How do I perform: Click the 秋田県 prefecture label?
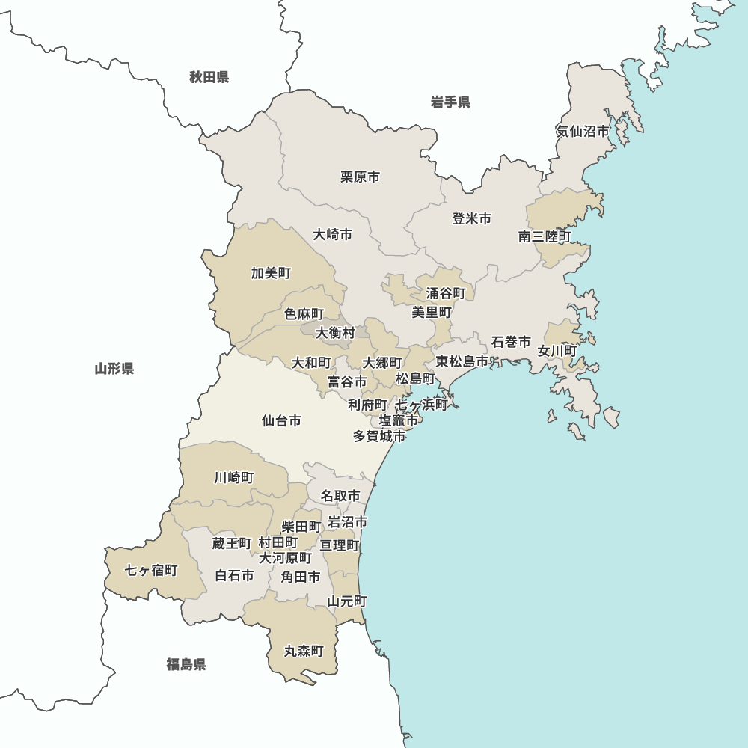click(209, 76)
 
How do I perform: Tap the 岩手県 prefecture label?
click(450, 102)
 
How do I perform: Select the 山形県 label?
click(114, 368)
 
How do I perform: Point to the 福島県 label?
click(186, 664)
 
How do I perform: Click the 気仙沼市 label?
click(583, 131)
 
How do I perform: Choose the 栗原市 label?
click(360, 177)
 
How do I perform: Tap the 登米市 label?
click(472, 219)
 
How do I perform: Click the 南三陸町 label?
click(545, 236)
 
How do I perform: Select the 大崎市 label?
click(333, 234)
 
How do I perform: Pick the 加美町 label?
click(271, 273)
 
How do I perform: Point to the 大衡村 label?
click(335, 332)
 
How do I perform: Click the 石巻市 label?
click(511, 343)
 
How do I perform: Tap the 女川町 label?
click(557, 350)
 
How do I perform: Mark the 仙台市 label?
click(282, 421)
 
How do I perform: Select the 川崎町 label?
click(234, 477)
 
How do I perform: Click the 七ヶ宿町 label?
click(152, 571)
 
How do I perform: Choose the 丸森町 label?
click(304, 652)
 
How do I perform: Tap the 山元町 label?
click(348, 601)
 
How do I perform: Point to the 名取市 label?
click(340, 496)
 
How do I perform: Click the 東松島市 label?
click(462, 362)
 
